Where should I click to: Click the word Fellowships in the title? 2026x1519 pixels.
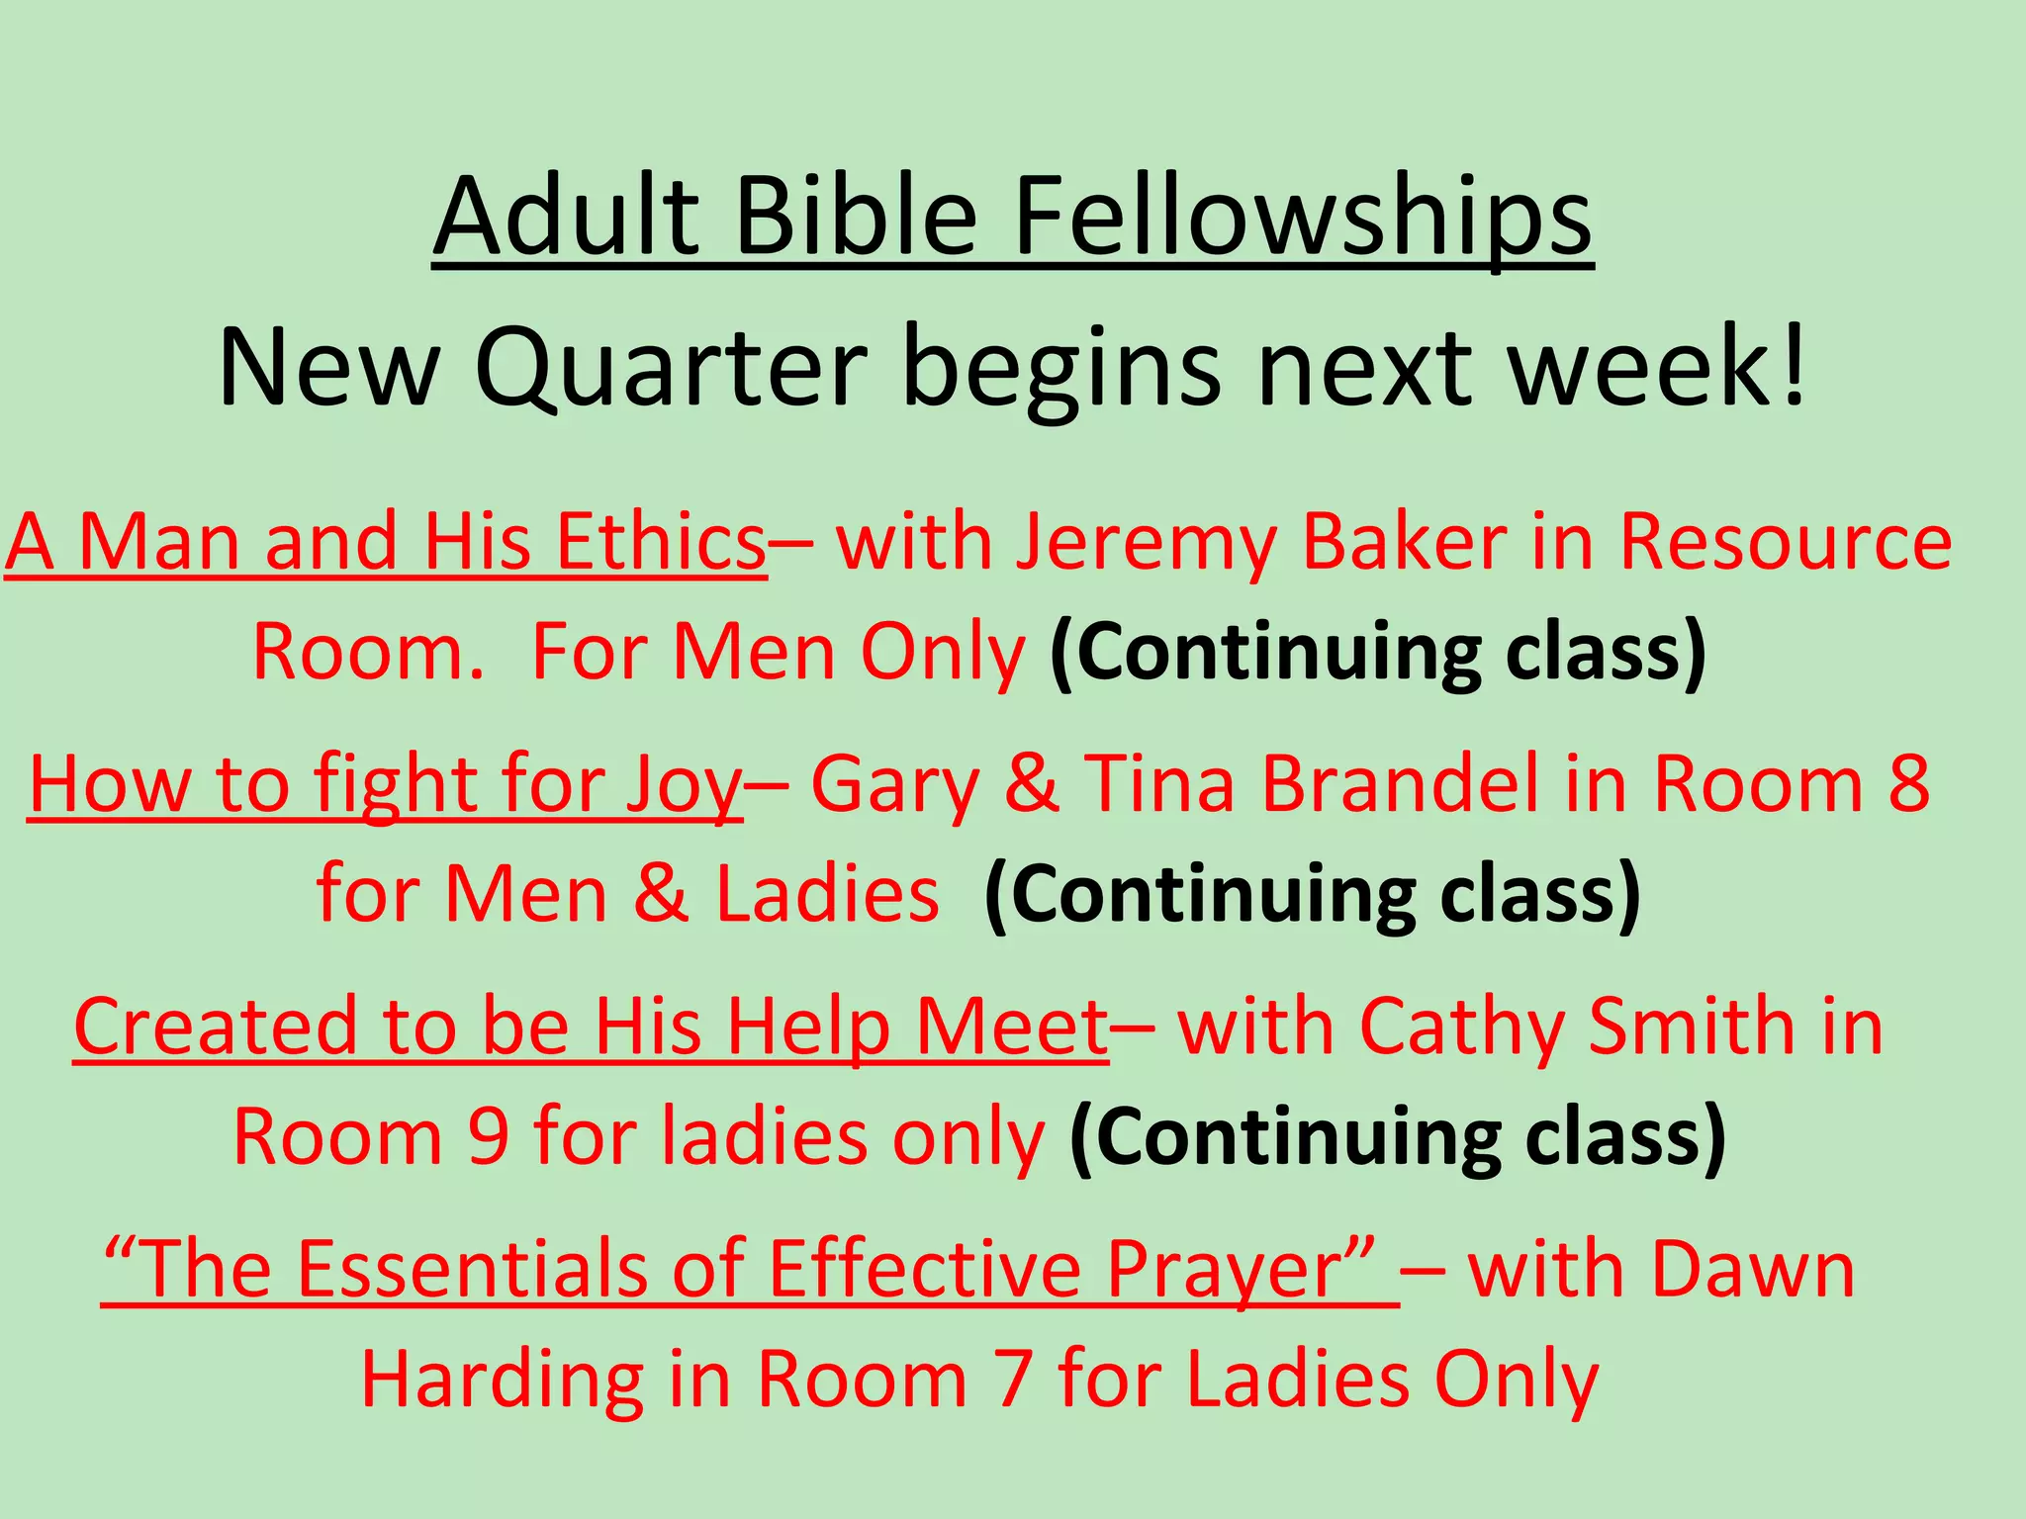pyautogui.click(x=1303, y=217)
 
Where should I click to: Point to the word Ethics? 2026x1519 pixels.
pyautogui.click(x=661, y=542)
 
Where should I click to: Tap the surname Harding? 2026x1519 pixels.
pyautogui.click(x=502, y=1380)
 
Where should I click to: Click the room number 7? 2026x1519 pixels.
pyautogui.click(x=1012, y=1380)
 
